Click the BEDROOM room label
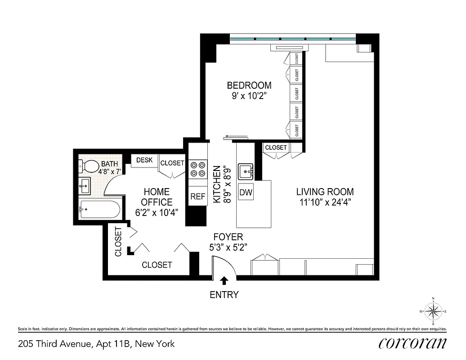pyautogui.click(x=249, y=85)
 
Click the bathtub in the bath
pyautogui.click(x=99, y=210)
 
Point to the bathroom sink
pyautogui.click(x=85, y=184)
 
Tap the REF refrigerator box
pyautogui.click(x=197, y=197)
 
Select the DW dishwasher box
pyautogui.click(x=246, y=193)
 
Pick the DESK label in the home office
pyautogui.click(x=144, y=160)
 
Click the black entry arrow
pyautogui.click(x=224, y=281)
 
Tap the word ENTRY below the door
pyautogui.click(x=224, y=295)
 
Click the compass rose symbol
pyautogui.click(x=433, y=311)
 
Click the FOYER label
pyautogui.click(x=228, y=237)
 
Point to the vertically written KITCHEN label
pyautogui.click(x=217, y=184)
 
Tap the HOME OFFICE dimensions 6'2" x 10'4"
pyautogui.click(x=157, y=212)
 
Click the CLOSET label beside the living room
pyautogui.click(x=275, y=148)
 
